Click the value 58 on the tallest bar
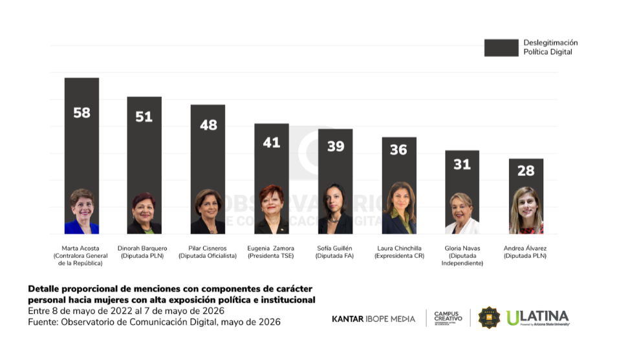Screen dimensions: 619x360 click(x=81, y=112)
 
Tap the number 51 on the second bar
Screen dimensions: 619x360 click(x=144, y=117)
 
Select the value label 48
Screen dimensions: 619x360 click(x=208, y=125)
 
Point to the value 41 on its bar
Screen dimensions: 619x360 click(x=272, y=142)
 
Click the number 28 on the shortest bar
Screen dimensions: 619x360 click(x=526, y=171)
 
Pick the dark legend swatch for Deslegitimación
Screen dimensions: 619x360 click(x=501, y=48)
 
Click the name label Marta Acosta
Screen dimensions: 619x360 click(x=80, y=248)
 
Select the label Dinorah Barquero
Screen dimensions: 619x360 click(x=142, y=248)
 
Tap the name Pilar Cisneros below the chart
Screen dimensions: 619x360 click(x=207, y=248)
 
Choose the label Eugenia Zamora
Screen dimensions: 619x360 click(x=271, y=248)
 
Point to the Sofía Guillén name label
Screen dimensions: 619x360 click(x=334, y=248)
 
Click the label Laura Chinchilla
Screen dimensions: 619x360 click(x=399, y=248)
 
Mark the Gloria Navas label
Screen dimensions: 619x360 click(x=462, y=248)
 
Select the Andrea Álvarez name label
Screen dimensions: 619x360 click(x=525, y=248)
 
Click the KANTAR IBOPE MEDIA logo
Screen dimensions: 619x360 click(x=373, y=319)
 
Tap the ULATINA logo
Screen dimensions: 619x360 click(x=538, y=318)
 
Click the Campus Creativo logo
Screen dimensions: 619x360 click(x=448, y=318)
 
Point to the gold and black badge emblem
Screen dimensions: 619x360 click(x=489, y=318)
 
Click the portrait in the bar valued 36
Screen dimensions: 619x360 click(x=399, y=208)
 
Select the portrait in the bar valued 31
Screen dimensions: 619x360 click(x=462, y=213)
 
